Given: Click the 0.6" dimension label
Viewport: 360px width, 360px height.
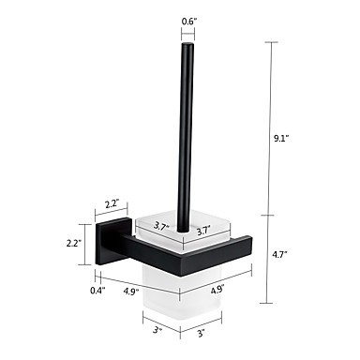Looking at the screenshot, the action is (x=189, y=22).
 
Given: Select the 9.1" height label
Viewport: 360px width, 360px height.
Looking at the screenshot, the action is (x=280, y=139).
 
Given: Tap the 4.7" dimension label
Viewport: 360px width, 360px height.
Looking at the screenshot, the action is (x=279, y=254).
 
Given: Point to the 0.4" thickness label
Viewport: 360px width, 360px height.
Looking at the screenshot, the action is (x=97, y=291).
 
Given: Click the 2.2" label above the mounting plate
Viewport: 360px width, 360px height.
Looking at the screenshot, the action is (x=111, y=204).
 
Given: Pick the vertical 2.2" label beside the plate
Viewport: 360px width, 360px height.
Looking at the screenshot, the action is (x=74, y=243).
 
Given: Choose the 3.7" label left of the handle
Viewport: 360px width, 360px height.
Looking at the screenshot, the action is (x=162, y=226).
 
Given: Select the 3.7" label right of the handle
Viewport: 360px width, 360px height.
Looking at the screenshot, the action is (x=203, y=232).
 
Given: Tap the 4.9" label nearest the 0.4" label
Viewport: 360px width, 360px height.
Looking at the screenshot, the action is (x=131, y=292).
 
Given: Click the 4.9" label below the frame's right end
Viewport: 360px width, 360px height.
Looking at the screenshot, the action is (x=217, y=290).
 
